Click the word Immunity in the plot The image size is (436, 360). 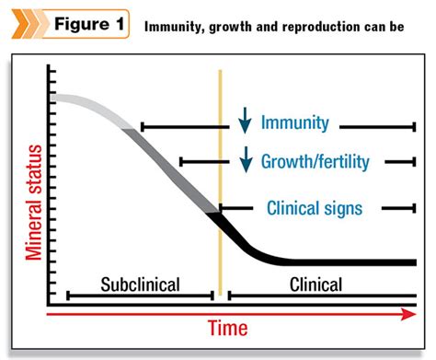(x=301, y=122)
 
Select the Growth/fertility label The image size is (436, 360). (x=316, y=161)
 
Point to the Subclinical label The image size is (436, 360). (x=139, y=284)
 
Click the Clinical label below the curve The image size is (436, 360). (x=315, y=284)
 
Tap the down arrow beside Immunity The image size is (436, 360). (x=245, y=121)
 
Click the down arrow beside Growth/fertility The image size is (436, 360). (x=245, y=160)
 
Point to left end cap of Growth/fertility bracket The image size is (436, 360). (x=180, y=162)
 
